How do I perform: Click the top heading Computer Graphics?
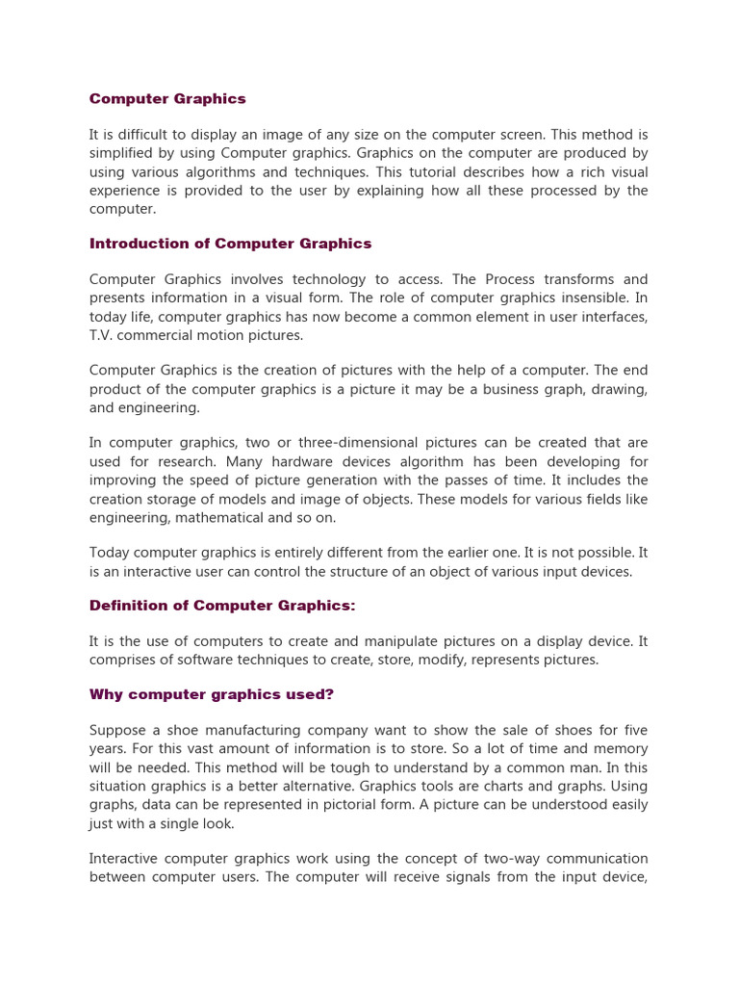click(167, 98)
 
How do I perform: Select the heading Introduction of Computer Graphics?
click(230, 244)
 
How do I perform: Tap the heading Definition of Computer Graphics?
click(222, 606)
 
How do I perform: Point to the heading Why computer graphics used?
click(211, 694)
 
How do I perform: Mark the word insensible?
click(588, 298)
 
